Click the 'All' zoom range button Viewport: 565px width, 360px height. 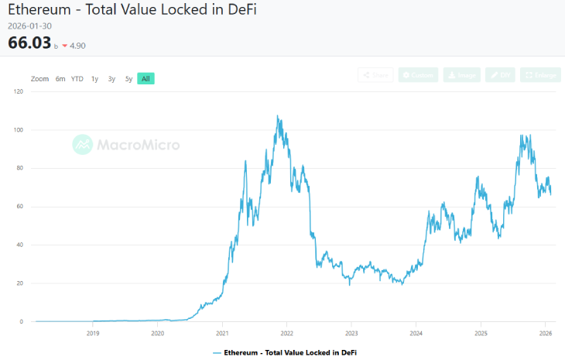tap(146, 79)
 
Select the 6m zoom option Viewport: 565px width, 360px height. tap(60, 79)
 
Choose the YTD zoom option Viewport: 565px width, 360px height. tap(77, 79)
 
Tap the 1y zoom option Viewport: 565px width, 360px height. tap(94, 79)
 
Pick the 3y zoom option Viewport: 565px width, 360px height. tap(111, 79)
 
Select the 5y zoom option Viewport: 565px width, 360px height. tap(128, 79)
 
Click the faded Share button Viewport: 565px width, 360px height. tap(375, 75)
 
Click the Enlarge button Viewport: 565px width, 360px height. tap(540, 75)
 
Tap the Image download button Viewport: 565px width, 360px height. tap(462, 75)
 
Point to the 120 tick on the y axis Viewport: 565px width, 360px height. tap(19, 91)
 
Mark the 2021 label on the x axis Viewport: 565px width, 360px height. tap(222, 334)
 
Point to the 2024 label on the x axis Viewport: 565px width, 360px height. tap(416, 334)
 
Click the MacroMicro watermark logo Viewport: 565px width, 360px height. tap(126, 144)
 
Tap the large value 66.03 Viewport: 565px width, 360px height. tap(29, 43)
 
